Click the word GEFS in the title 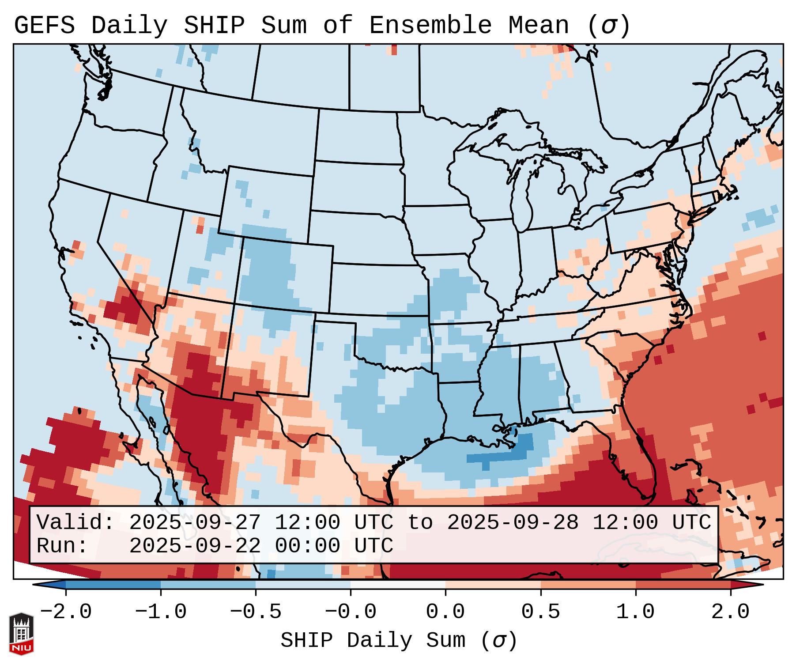click(x=44, y=25)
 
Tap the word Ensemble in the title click(x=430, y=25)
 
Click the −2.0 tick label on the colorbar click(x=66, y=612)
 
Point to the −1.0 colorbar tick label click(x=161, y=612)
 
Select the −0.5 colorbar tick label click(x=256, y=612)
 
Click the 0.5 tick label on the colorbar click(x=540, y=612)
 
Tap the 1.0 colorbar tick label click(x=635, y=612)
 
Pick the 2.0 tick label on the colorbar click(x=731, y=612)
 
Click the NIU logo click(x=21, y=634)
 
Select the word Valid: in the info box click(x=75, y=522)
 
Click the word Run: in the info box click(x=62, y=546)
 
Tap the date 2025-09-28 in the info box click(x=513, y=522)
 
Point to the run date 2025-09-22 click(x=195, y=546)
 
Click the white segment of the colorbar click(x=398, y=585)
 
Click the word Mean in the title click(x=539, y=25)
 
